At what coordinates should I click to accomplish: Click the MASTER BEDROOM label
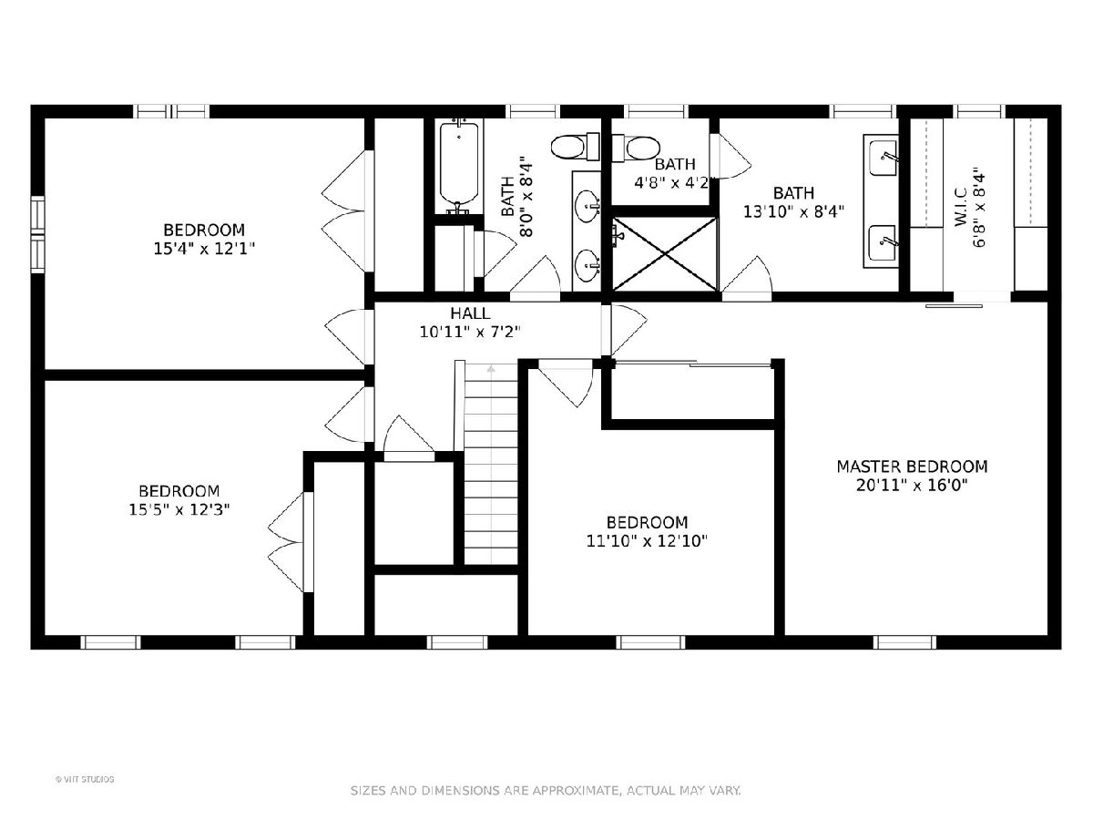912,466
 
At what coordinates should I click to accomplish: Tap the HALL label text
470,313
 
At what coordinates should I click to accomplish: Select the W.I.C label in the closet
961,207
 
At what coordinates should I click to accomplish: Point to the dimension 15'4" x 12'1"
204,249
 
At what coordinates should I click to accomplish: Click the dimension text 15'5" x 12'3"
179,510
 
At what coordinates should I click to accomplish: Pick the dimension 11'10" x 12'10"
647,540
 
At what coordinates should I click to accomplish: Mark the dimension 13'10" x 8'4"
793,211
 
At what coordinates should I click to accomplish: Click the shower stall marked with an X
665,254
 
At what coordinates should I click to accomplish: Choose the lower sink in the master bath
882,243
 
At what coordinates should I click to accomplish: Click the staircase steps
492,464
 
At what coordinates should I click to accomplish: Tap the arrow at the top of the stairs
492,369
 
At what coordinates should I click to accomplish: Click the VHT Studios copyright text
85,779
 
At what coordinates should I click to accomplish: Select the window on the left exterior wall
38,234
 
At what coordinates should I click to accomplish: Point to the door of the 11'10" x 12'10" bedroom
567,386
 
